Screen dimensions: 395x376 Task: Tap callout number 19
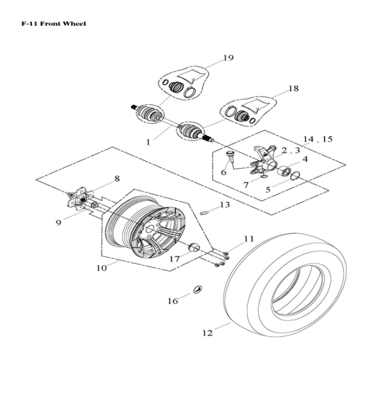click(228, 58)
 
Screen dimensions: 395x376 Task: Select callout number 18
click(293, 89)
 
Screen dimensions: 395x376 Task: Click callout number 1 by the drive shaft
click(148, 142)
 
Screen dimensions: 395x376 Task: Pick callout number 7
click(246, 185)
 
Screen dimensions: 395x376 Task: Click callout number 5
click(268, 189)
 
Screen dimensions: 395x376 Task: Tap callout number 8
click(116, 179)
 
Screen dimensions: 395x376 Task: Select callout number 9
click(58, 223)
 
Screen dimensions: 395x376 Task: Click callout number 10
click(102, 268)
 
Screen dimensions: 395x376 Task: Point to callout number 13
click(224, 205)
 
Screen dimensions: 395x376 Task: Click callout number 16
click(172, 301)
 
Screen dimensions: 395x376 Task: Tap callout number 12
click(207, 333)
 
